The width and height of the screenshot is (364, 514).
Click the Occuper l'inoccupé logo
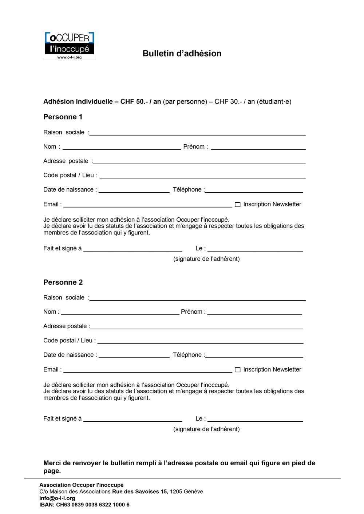[69, 45]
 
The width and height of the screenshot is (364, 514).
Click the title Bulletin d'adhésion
[182, 53]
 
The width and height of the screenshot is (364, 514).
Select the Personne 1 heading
[63, 117]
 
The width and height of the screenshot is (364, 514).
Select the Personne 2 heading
[63, 282]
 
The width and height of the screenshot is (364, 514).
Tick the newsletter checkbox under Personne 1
[238, 205]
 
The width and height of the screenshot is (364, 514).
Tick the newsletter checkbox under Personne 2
[238, 370]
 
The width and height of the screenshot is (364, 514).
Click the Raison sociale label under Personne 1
[64, 132]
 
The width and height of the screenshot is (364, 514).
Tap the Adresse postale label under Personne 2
[65, 326]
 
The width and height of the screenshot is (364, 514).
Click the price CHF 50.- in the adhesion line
[134, 102]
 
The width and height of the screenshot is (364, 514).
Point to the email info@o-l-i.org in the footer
[57, 498]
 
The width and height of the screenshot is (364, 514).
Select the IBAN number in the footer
[92, 505]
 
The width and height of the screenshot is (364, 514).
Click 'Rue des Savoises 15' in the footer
[140, 492]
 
